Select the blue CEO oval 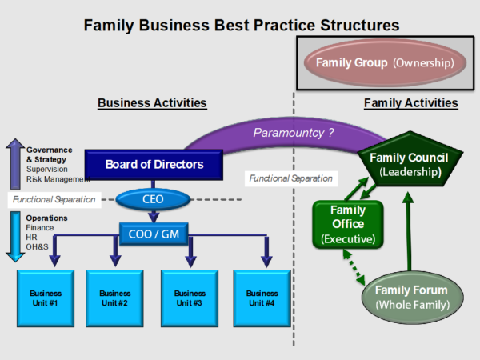tap(149, 198)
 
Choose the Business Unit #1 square tap(44, 298)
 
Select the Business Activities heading tap(152, 103)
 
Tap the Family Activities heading tap(410, 103)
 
